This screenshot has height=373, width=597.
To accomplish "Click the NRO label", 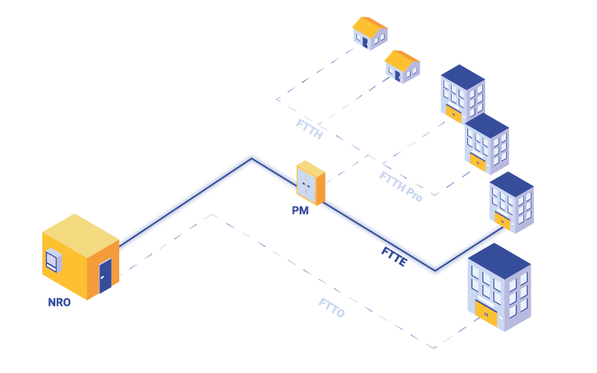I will tap(60, 303).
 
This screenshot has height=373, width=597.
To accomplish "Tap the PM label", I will tap(300, 211).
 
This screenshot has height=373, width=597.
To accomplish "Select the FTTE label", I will tap(394, 255).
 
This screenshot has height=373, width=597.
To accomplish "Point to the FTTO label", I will tap(332, 307).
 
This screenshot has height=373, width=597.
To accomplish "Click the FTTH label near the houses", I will tap(309, 128).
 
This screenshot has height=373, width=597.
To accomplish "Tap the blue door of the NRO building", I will tap(105, 275).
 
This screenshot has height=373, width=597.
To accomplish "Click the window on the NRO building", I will tap(52, 260).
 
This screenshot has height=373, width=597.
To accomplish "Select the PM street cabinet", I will tap(310, 184).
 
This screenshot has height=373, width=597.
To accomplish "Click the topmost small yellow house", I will tap(370, 33).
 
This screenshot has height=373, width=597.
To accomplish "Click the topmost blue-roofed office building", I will tap(463, 93).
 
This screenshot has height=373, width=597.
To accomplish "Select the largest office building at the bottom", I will tap(499, 287).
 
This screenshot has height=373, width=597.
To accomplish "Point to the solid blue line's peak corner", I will tap(252, 159).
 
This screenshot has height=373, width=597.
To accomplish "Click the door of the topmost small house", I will tap(364, 42).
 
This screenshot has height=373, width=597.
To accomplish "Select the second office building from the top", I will tap(487, 143).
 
